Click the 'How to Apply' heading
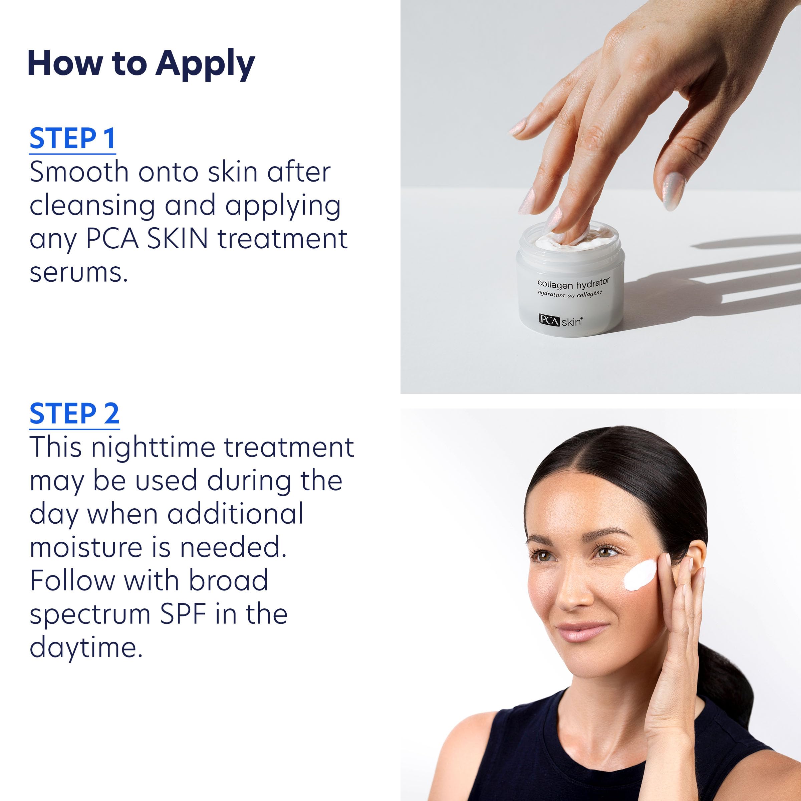(141, 64)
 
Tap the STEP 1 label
(72, 139)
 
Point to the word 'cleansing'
(92, 206)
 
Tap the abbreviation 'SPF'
(183, 615)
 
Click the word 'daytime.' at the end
(86, 648)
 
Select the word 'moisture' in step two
(86, 548)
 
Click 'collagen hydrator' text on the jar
(573, 284)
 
